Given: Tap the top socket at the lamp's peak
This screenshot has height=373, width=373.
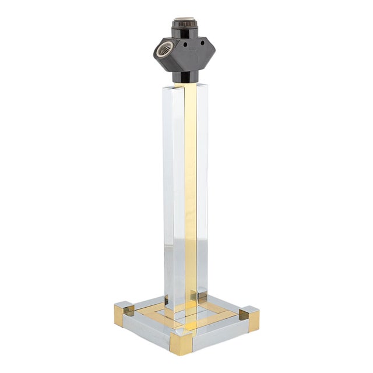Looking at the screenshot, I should [x=186, y=24].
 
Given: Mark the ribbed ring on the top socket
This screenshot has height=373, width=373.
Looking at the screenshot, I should [x=186, y=31].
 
